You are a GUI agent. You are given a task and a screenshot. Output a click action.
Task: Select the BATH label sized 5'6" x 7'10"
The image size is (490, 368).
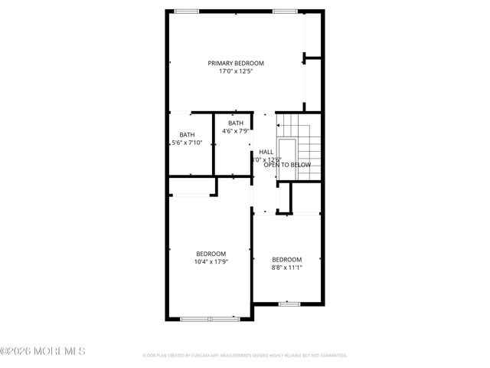[x=187, y=135]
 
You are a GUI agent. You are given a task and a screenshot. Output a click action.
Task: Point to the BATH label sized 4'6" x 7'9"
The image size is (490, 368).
[x=235, y=123]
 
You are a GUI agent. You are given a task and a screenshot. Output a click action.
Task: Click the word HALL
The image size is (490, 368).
[x=266, y=152]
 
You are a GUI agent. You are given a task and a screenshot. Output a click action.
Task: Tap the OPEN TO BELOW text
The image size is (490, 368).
[x=287, y=165]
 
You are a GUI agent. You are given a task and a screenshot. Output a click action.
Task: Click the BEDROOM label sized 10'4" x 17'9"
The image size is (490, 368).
[x=211, y=254]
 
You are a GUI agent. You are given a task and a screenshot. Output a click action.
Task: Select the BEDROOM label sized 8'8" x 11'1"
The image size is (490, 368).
[x=286, y=259]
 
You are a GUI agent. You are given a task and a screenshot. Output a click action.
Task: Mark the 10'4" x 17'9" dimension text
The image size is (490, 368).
[x=211, y=262]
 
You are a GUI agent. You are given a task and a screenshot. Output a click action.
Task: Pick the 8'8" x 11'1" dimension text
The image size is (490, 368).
[x=286, y=268]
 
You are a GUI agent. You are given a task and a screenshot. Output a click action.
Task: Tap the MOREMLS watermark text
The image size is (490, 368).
[x=43, y=352]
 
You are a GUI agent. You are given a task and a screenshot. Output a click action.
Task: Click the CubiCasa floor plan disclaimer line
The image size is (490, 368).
[x=245, y=356]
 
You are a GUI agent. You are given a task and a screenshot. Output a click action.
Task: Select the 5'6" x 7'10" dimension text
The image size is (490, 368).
[x=187, y=143]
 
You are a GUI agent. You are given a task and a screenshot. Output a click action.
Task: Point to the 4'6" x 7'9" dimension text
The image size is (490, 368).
[x=235, y=131]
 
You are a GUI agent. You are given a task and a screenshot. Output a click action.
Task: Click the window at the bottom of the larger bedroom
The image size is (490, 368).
[x=211, y=317]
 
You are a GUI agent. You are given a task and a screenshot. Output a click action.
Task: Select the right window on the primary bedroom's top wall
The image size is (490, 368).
[x=285, y=11]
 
